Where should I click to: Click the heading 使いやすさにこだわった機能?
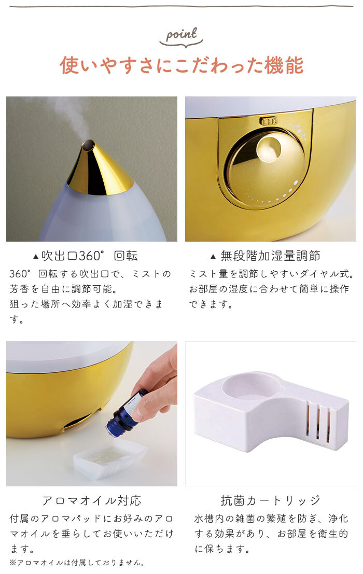181,65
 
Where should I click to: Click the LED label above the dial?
269,121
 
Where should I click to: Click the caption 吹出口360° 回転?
89,256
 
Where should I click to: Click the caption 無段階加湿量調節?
270,256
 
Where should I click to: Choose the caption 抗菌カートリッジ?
270,500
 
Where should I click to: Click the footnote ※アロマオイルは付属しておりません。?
77,562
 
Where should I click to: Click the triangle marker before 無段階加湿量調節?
213,256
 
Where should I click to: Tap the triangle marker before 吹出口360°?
35,256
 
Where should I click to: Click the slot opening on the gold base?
78,423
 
